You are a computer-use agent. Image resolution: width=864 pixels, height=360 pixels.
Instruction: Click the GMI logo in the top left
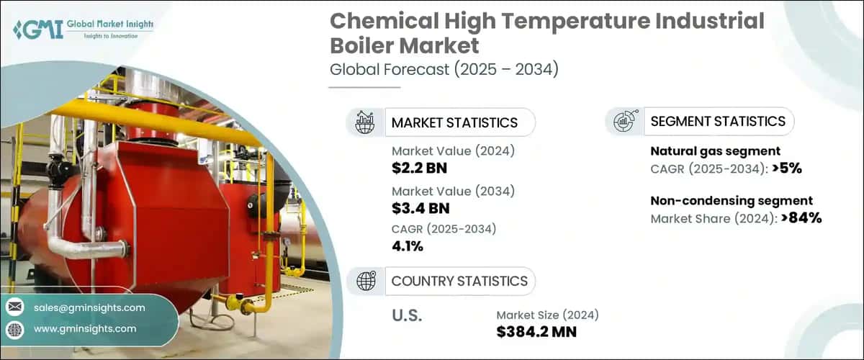[x=83, y=29]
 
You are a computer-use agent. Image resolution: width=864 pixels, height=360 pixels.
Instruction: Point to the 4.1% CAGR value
[x=408, y=247]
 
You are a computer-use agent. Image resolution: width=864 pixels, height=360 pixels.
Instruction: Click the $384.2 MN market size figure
[x=536, y=332]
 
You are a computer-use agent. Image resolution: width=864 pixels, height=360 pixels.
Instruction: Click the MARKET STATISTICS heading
[x=454, y=122]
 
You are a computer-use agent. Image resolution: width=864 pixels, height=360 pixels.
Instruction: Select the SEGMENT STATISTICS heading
[x=718, y=121]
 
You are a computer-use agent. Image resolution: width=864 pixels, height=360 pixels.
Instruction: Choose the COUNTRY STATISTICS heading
[x=459, y=281]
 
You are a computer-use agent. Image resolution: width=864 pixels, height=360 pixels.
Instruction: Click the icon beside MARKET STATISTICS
[x=366, y=122]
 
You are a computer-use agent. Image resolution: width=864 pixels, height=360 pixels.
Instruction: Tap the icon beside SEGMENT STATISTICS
[x=624, y=122]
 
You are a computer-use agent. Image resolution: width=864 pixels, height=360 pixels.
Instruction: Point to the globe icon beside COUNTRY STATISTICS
[x=366, y=281]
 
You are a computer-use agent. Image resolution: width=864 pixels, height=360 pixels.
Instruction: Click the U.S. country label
[x=407, y=315]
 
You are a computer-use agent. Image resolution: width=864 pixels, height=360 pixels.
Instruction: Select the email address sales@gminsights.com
[x=89, y=307]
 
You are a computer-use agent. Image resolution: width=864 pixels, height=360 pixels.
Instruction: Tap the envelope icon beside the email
[x=14, y=307]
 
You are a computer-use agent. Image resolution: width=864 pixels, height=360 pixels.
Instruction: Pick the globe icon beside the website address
[x=14, y=328]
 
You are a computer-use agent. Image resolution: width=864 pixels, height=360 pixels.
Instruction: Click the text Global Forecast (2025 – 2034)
[x=444, y=70]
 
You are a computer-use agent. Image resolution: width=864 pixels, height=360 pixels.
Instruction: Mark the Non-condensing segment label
[x=732, y=201]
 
